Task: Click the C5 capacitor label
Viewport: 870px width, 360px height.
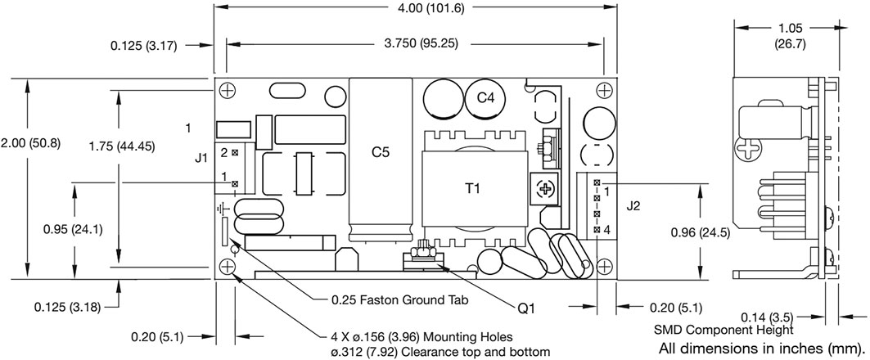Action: pyautogui.click(x=380, y=153)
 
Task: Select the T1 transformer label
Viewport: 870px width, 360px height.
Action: pyautogui.click(x=472, y=189)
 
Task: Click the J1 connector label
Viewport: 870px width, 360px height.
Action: pyautogui.click(x=201, y=159)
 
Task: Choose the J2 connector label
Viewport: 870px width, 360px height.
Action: pyautogui.click(x=633, y=207)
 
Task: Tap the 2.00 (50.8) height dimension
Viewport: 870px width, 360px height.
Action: pyautogui.click(x=30, y=142)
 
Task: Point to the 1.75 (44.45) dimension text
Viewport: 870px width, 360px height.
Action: pyautogui.click(x=122, y=146)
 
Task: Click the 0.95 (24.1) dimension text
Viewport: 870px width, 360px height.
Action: pyautogui.click(x=73, y=229)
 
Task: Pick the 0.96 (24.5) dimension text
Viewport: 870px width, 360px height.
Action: pyautogui.click(x=701, y=233)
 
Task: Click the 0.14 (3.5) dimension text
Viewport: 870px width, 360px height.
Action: pyautogui.click(x=769, y=317)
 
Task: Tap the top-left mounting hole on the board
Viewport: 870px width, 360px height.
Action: pyautogui.click(x=227, y=90)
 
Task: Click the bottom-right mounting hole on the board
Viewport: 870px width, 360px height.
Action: pyautogui.click(x=605, y=267)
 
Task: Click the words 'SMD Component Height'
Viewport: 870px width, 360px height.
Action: pyautogui.click(x=723, y=331)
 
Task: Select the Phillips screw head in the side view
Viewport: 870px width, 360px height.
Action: pyautogui.click(x=746, y=148)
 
